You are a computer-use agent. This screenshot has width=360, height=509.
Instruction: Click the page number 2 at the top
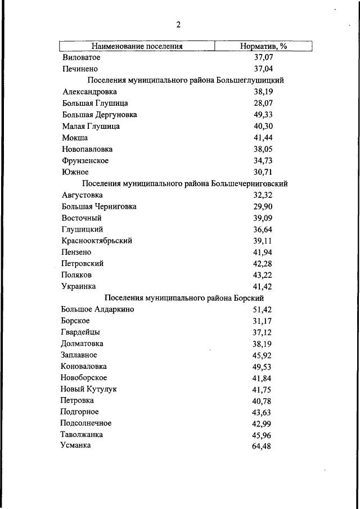(x=178, y=24)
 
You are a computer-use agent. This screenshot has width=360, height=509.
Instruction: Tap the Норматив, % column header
(x=263, y=46)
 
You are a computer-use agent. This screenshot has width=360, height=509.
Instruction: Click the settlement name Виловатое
(x=82, y=57)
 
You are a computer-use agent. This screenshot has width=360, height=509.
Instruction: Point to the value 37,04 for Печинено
(x=263, y=69)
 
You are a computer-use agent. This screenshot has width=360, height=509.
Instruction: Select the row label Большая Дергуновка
(x=100, y=115)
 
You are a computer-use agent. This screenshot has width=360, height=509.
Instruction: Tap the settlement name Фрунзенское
(x=85, y=160)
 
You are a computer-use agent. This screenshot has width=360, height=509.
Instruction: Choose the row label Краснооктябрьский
(x=97, y=241)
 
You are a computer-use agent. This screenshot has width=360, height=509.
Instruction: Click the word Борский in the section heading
(x=244, y=298)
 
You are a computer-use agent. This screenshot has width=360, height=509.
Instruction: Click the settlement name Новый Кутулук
(x=89, y=389)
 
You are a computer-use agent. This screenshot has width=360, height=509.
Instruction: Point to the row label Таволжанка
(x=82, y=435)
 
